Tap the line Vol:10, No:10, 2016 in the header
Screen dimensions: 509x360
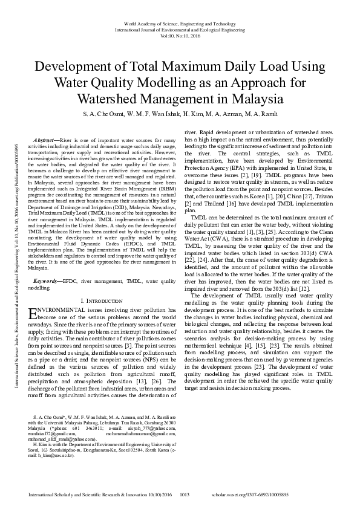[x=180, y=35]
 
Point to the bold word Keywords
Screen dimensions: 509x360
[x=46, y=281]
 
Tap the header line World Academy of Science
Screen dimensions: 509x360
[x=180, y=21]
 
